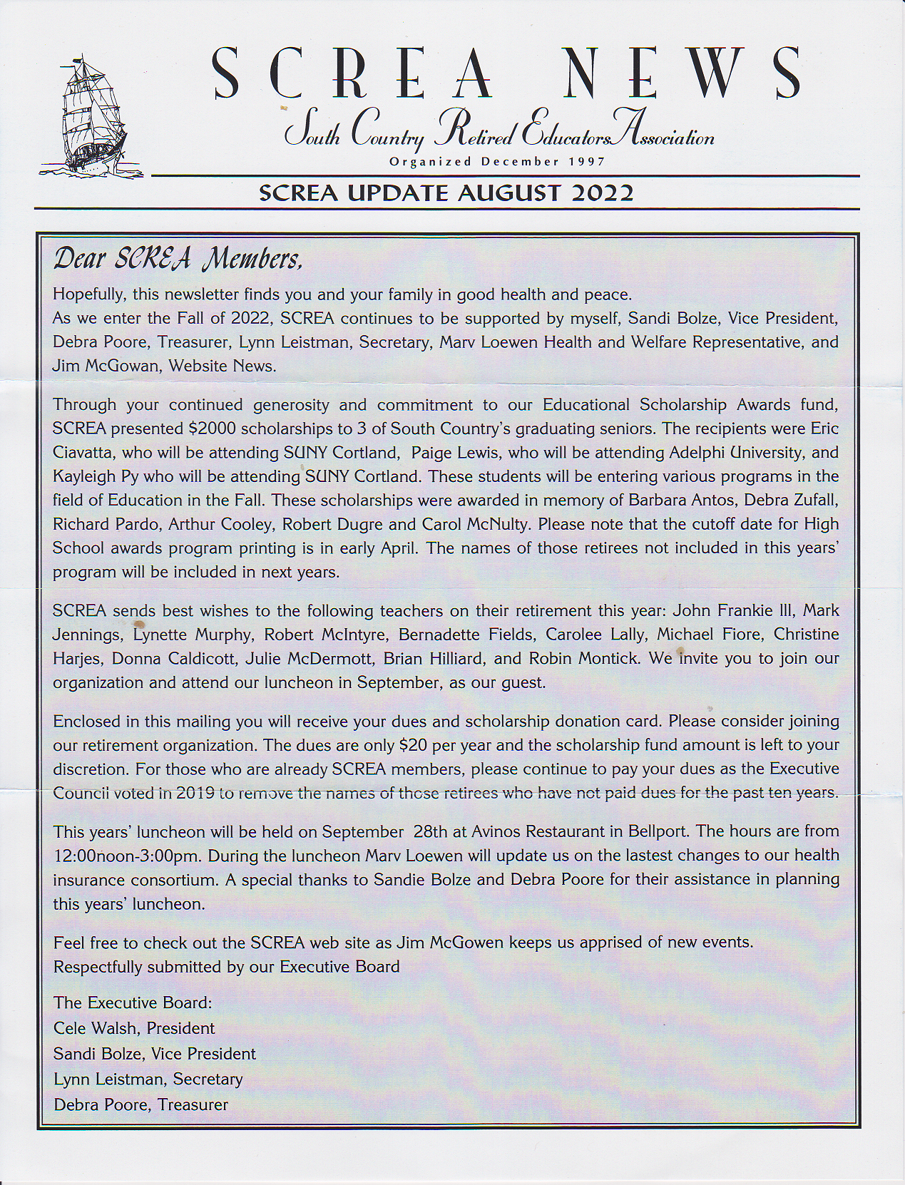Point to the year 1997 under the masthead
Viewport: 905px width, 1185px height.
tap(587, 161)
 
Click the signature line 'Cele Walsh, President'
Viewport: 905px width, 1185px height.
tap(134, 1028)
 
